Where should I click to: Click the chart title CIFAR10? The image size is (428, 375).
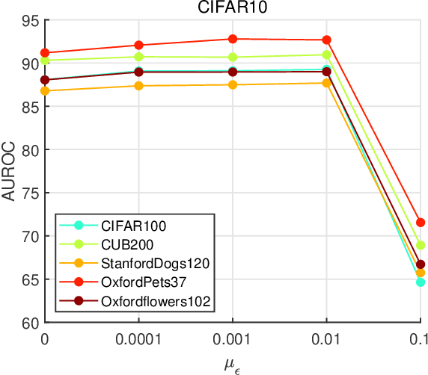(232, 8)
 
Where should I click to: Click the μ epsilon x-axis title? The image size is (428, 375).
(233, 364)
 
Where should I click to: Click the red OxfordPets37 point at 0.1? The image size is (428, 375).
(420, 223)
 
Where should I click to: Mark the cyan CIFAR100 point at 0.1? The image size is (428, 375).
(420, 282)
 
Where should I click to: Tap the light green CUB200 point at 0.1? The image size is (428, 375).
(420, 245)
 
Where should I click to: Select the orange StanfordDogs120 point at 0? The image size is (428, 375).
(45, 91)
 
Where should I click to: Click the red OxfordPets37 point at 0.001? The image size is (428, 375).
(233, 39)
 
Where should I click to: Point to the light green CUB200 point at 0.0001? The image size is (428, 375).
(138, 57)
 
